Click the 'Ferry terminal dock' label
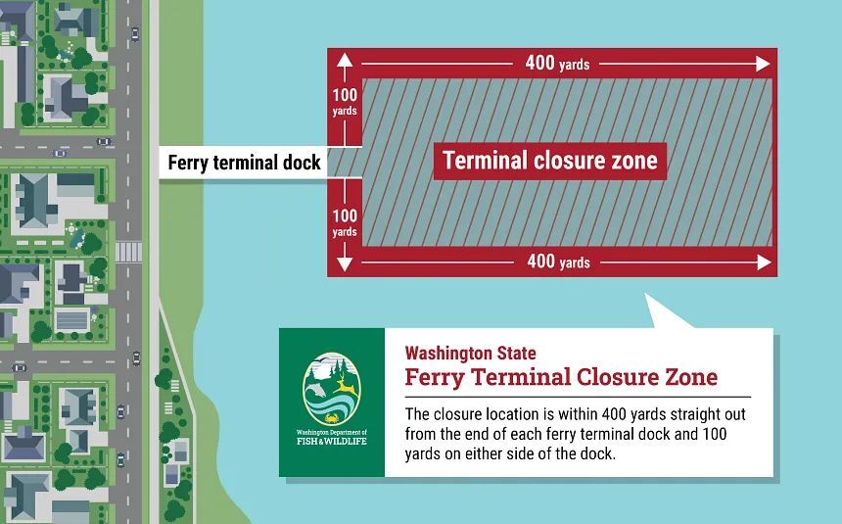(244, 163)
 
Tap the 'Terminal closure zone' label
(549, 161)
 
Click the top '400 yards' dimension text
(557, 64)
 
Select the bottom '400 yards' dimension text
(558, 262)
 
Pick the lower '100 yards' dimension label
(345, 223)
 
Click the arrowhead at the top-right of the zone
(764, 64)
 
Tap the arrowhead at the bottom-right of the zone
(764, 262)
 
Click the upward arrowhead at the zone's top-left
(345, 61)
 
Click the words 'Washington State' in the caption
(471, 353)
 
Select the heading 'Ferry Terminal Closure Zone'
(561, 377)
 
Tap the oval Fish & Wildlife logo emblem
(331, 389)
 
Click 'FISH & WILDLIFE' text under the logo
(331, 440)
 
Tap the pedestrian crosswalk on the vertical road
(128, 252)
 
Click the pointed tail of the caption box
(667, 314)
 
